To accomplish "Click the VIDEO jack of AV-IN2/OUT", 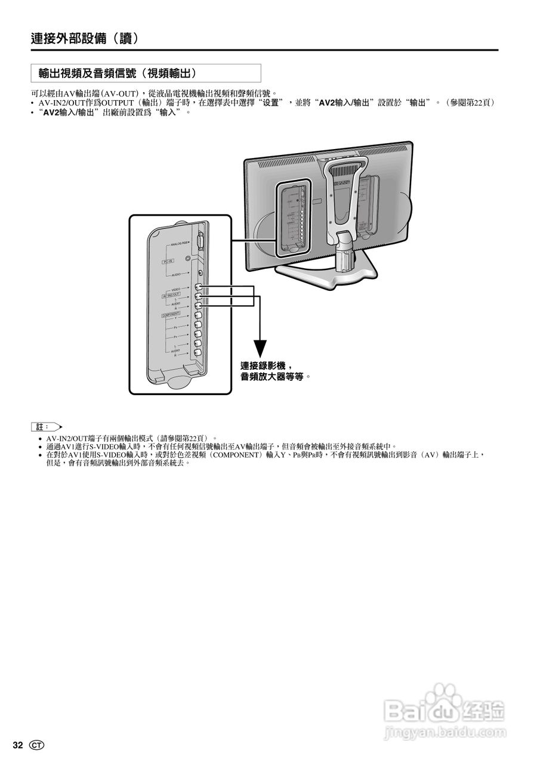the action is [198, 288].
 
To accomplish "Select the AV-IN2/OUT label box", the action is [172, 295].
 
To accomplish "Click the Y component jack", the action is [198, 316].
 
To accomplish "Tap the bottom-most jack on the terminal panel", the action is [198, 354].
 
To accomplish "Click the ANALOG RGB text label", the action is [179, 244].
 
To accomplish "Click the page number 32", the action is [18, 745].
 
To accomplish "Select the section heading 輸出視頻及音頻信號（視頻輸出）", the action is [117, 73].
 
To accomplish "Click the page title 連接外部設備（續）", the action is [85, 39].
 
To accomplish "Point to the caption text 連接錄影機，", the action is [267, 366].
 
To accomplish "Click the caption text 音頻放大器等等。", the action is [276, 377].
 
